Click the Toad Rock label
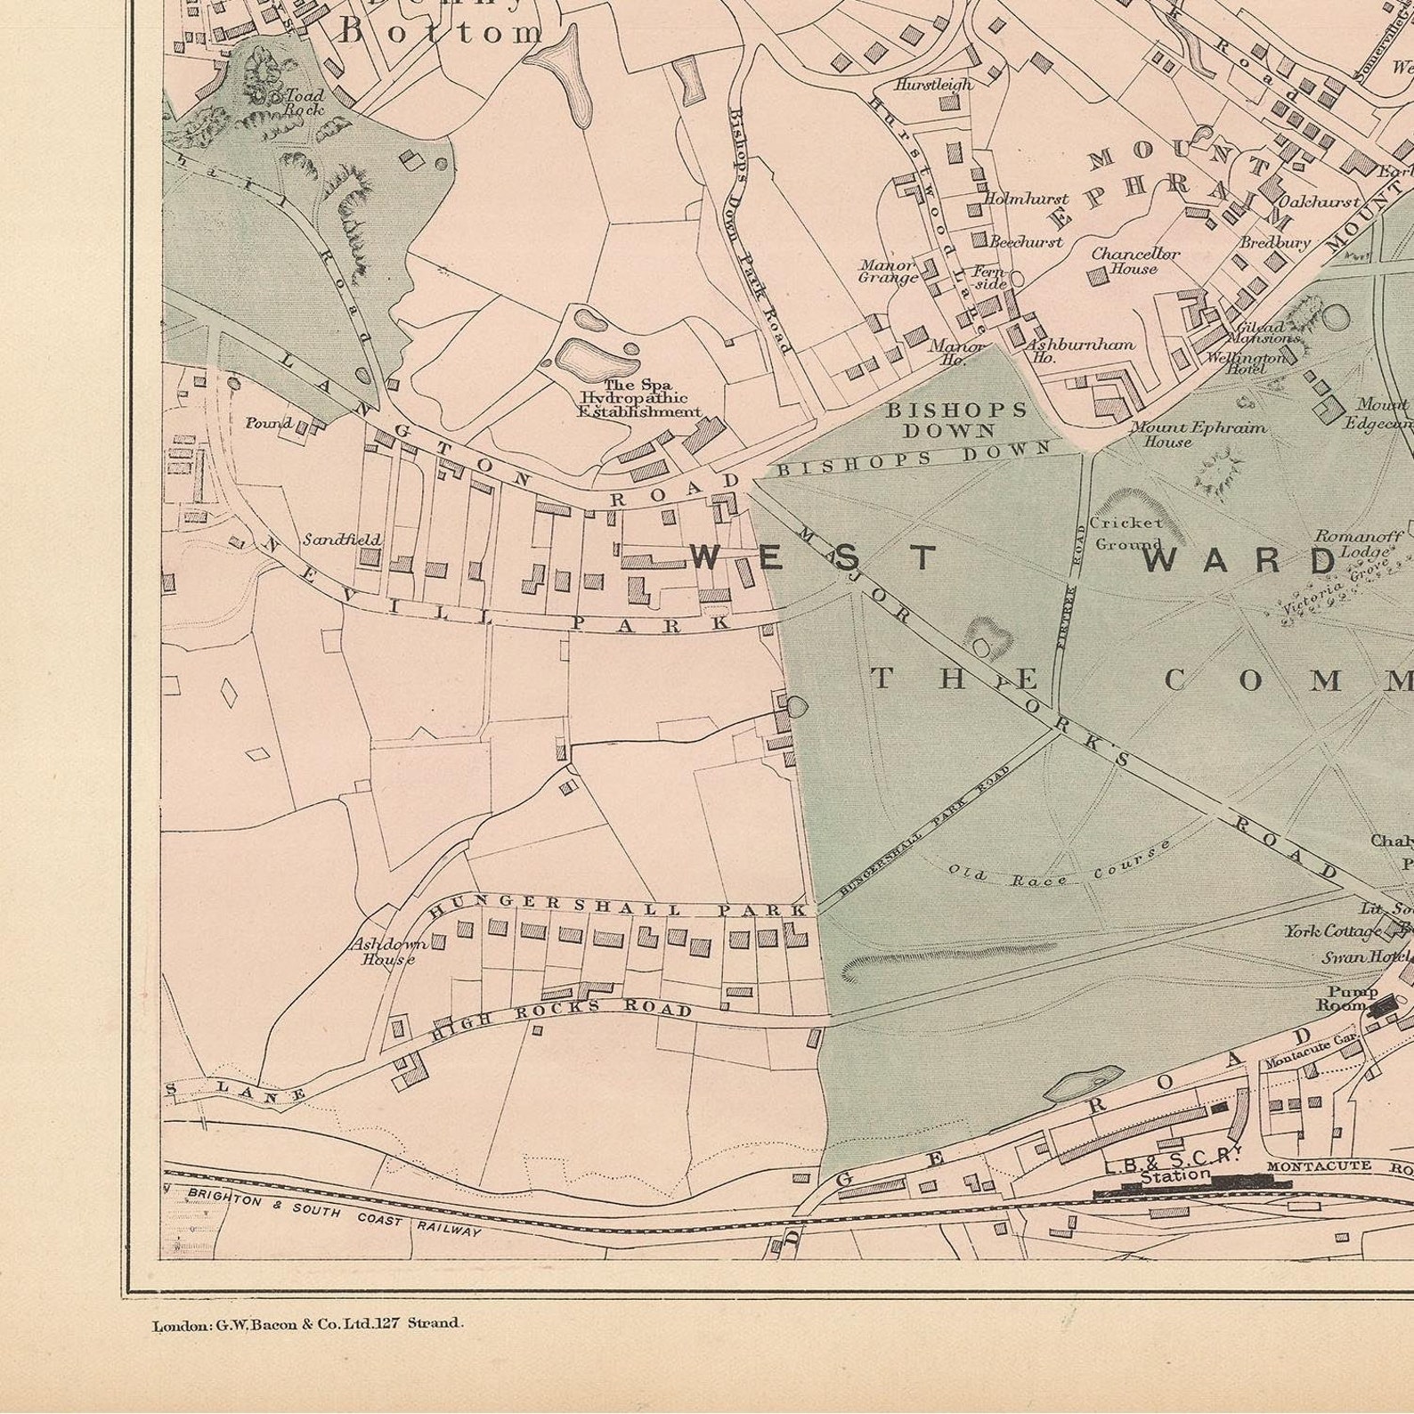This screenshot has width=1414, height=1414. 305,102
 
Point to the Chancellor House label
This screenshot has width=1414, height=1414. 1135,261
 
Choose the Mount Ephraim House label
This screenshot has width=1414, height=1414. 1197,434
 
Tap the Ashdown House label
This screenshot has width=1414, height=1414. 386,951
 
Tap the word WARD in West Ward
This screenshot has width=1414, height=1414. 1240,560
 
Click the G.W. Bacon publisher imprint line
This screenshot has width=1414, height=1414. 308,1324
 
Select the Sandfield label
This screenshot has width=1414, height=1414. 341,539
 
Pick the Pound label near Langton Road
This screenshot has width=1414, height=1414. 268,422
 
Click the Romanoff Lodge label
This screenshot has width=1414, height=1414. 1358,543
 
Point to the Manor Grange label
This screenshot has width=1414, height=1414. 887,271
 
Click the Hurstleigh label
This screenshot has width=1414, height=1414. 932,85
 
